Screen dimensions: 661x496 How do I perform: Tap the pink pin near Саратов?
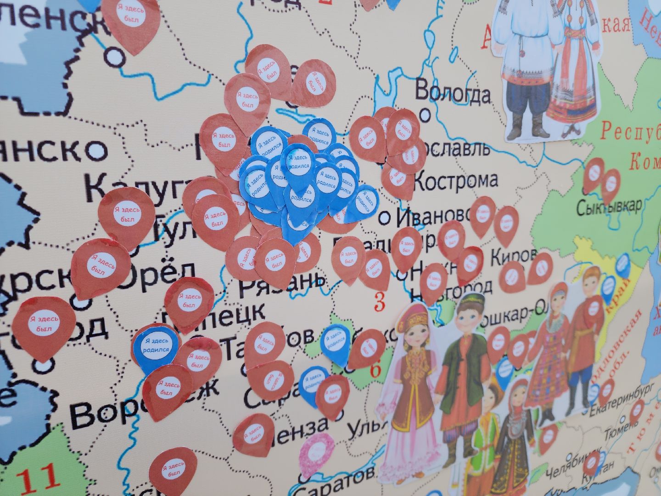coord(317,452)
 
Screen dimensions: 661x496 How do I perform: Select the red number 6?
coord(375,370)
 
